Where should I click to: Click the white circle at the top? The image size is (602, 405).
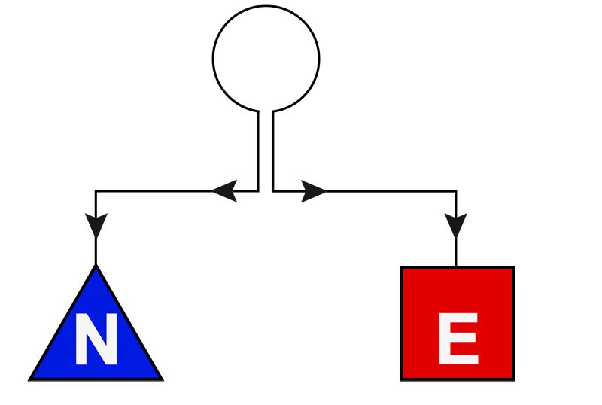[x=266, y=58]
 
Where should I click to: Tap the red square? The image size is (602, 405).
[x=458, y=323]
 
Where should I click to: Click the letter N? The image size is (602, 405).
[x=96, y=340]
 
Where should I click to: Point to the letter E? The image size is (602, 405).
[x=458, y=340]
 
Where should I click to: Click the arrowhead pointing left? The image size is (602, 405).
[x=225, y=191]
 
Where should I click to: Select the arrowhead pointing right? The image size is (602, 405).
[x=313, y=191]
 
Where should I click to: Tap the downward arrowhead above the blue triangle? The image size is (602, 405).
[x=96, y=224]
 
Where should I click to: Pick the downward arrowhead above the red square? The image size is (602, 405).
[x=455, y=224]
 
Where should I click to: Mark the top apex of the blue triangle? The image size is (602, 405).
[x=96, y=266]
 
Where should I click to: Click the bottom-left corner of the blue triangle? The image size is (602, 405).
[x=31, y=378]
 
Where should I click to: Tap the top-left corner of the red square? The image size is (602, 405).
[x=403, y=268]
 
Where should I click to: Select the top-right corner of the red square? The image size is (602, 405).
[x=513, y=268]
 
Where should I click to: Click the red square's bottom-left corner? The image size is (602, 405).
[x=403, y=378]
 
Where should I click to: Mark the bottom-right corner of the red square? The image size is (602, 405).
[x=513, y=378]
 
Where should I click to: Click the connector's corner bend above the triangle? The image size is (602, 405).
[x=96, y=191]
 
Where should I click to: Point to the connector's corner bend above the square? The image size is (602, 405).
[x=455, y=191]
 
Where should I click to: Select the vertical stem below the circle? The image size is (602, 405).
[x=266, y=151]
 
